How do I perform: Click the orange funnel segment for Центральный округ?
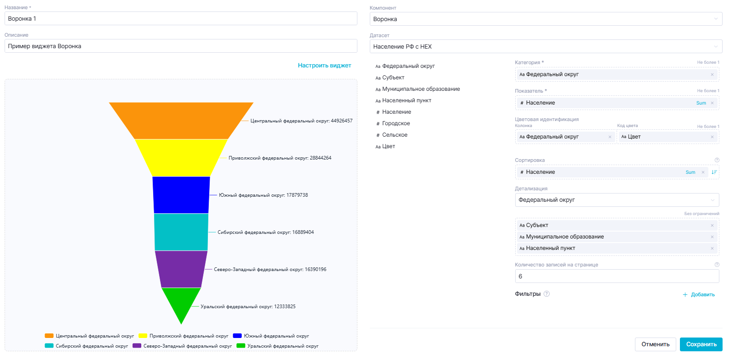pyautogui.click(x=181, y=120)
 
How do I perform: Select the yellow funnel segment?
pyautogui.click(x=181, y=157)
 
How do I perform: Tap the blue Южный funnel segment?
pyautogui.click(x=181, y=195)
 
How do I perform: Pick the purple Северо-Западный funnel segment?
pyautogui.click(x=181, y=269)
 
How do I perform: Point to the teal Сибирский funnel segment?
pyautogui.click(x=181, y=232)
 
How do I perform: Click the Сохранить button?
pyautogui.click(x=701, y=344)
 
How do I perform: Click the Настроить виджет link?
pyautogui.click(x=324, y=66)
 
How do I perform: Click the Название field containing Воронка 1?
pyautogui.click(x=181, y=19)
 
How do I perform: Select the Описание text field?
pyautogui.click(x=181, y=46)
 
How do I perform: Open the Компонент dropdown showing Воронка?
pyautogui.click(x=545, y=19)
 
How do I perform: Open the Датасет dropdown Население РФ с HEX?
pyautogui.click(x=545, y=47)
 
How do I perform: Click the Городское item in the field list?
pyautogui.click(x=396, y=123)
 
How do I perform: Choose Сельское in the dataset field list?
pyautogui.click(x=395, y=135)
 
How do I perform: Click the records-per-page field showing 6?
pyautogui.click(x=617, y=276)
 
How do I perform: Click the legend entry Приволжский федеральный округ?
pyautogui.click(x=184, y=336)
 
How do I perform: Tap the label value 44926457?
pyautogui.click(x=342, y=121)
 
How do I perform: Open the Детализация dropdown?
pyautogui.click(x=617, y=200)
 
